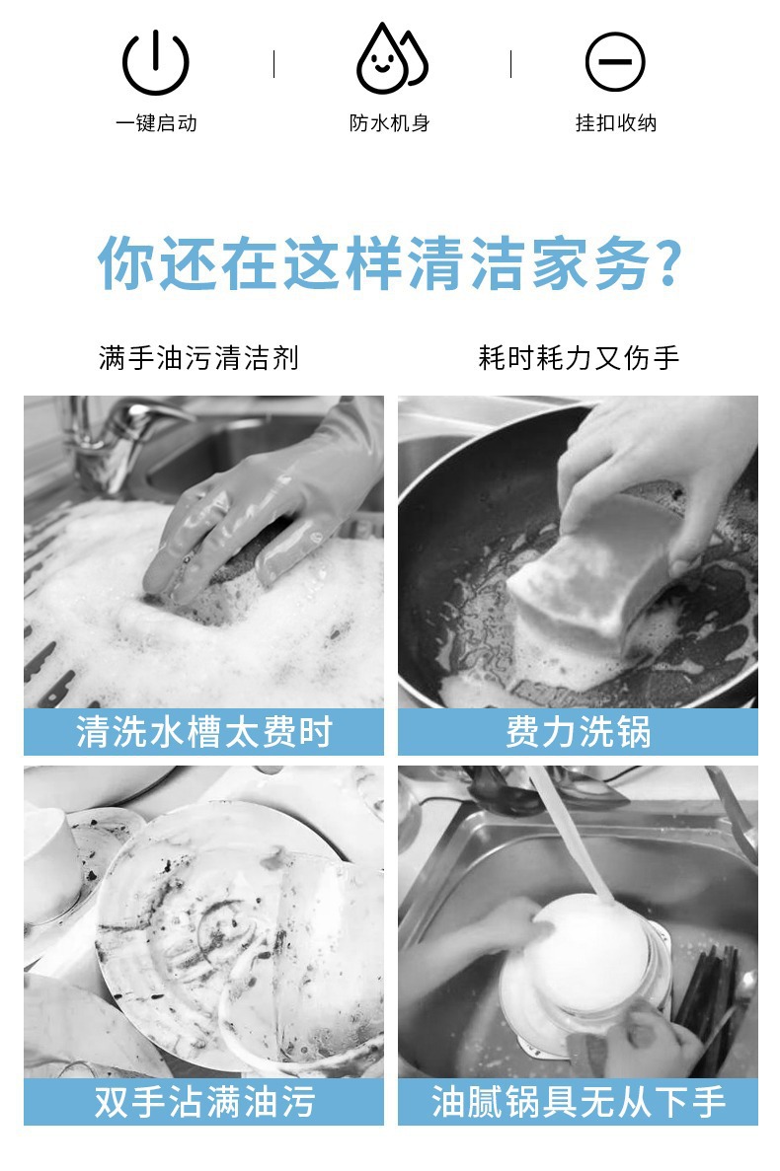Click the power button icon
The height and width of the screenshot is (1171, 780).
coord(155,63)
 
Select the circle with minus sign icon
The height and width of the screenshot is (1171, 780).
coord(615,62)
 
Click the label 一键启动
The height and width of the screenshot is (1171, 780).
coord(156,123)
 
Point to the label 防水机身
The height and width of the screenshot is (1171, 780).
coord(389,123)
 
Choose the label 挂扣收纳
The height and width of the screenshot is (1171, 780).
coord(616,123)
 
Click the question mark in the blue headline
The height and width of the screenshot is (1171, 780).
coord(667,262)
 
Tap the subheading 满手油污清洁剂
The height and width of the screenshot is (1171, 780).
coord(198,358)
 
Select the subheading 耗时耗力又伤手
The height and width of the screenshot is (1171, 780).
coord(579,358)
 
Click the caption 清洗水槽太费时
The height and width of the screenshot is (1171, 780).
coord(204,732)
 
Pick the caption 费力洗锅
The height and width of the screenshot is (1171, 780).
coord(579,732)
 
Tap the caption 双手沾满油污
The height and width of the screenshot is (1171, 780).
coord(204,1102)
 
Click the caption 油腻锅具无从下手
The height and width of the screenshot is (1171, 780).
coord(579,1102)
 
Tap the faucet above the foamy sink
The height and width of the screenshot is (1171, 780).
coord(119,441)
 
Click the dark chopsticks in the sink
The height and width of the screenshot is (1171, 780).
coord(706,1000)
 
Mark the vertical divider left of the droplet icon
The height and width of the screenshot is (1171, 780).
coord(274,64)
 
